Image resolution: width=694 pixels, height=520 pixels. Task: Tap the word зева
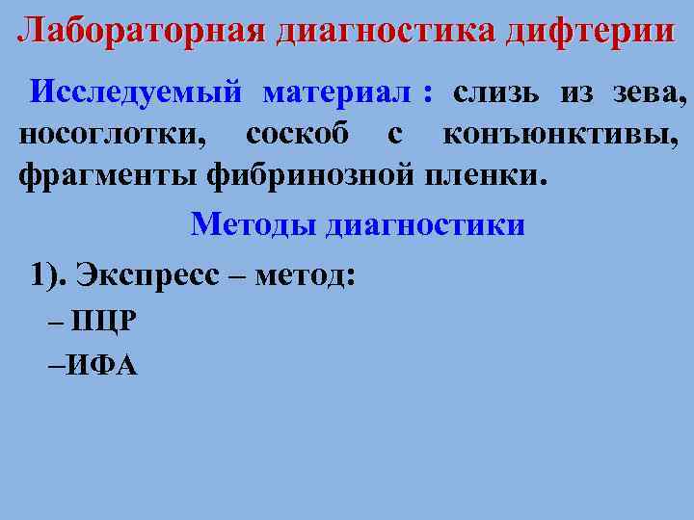click(x=646, y=94)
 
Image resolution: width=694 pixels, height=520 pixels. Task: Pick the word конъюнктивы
click(x=560, y=135)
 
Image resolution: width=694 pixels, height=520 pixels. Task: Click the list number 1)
click(x=49, y=274)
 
